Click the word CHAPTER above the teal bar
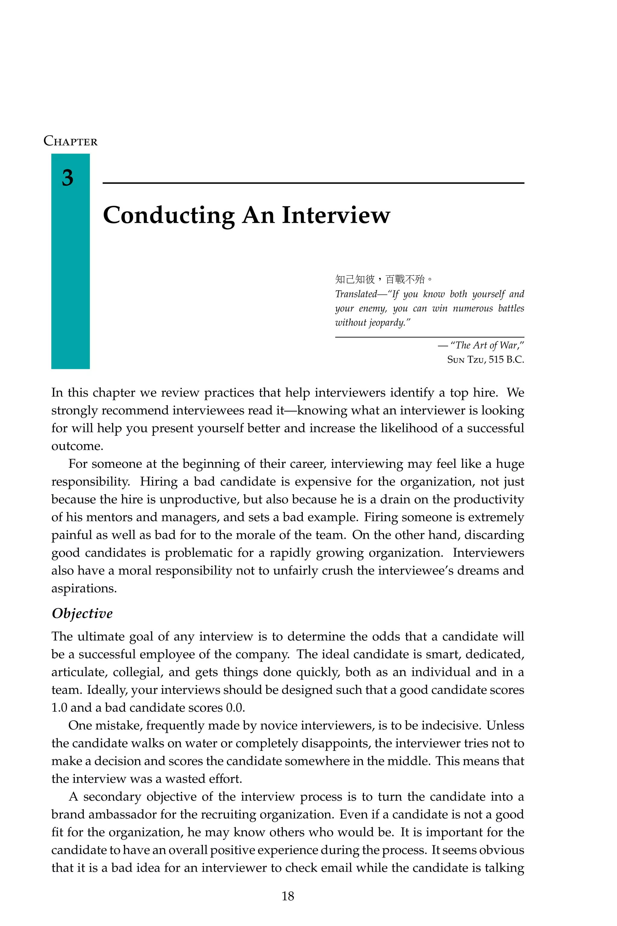(70, 141)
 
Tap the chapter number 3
(68, 178)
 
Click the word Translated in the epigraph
(356, 294)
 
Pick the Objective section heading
(82, 613)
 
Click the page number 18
(288, 896)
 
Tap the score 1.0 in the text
(59, 707)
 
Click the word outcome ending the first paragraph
(77, 446)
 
